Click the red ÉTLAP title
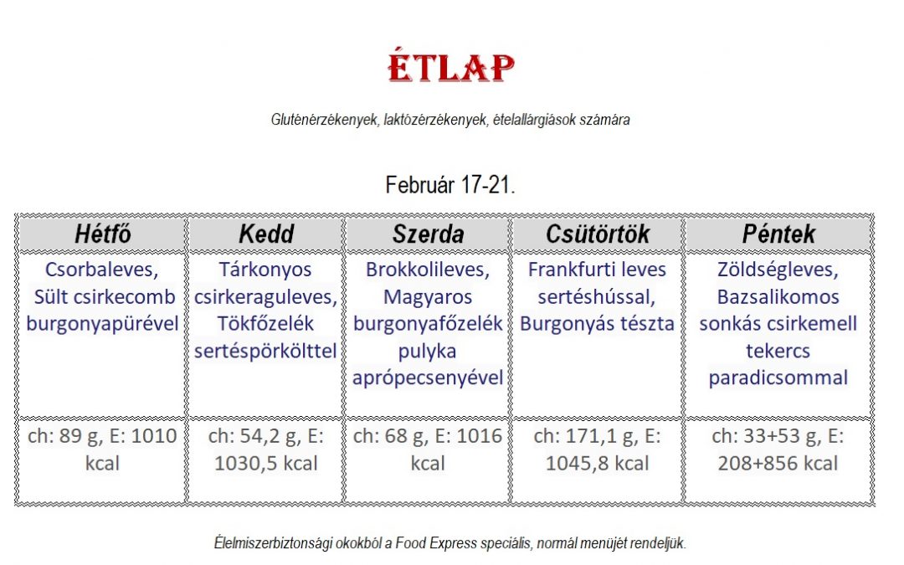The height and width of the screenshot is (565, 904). point(451,67)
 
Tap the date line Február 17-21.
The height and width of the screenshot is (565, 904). point(450,185)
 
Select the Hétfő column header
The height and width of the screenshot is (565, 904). point(103,234)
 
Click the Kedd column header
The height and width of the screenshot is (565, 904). point(266,234)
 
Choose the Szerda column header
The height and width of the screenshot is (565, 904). point(428,234)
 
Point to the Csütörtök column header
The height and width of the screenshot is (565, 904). point(598,234)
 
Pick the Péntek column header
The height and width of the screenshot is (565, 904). point(778,234)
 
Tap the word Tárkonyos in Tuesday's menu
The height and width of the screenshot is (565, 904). point(265,270)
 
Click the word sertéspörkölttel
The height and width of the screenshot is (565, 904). point(265,351)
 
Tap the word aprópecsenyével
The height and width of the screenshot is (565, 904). point(428,378)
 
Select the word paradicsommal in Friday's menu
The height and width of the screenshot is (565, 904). point(778,378)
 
